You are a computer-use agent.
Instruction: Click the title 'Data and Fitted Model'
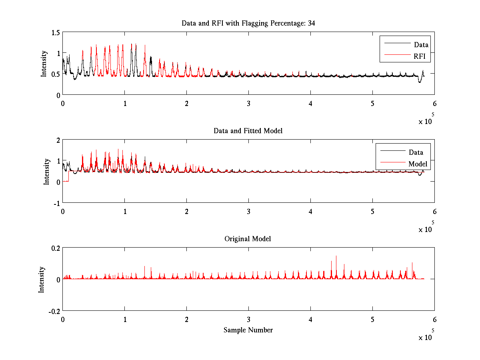coord(248,131)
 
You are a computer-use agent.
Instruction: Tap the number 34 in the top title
coord(311,23)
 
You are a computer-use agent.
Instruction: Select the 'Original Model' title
coord(248,238)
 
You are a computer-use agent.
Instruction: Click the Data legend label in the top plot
coord(421,44)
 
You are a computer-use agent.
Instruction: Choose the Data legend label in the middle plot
coord(416,152)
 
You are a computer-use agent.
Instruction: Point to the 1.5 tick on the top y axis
coord(56,32)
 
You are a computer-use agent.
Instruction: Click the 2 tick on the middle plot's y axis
coord(58,140)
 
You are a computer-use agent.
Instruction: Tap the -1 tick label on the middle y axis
coord(57,204)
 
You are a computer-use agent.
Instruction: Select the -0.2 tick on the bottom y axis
coord(54,311)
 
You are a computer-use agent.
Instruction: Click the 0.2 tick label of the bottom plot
coord(56,248)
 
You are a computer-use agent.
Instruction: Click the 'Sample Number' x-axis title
coord(248,330)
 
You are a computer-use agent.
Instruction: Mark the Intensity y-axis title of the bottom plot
coord(41,280)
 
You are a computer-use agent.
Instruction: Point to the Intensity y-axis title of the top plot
coord(44,64)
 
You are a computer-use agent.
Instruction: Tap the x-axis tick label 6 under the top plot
coord(434,103)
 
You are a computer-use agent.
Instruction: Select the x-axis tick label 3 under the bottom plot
coord(248,319)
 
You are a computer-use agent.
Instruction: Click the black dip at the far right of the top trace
coord(420,81)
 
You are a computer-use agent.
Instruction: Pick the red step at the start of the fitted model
coord(69,176)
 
